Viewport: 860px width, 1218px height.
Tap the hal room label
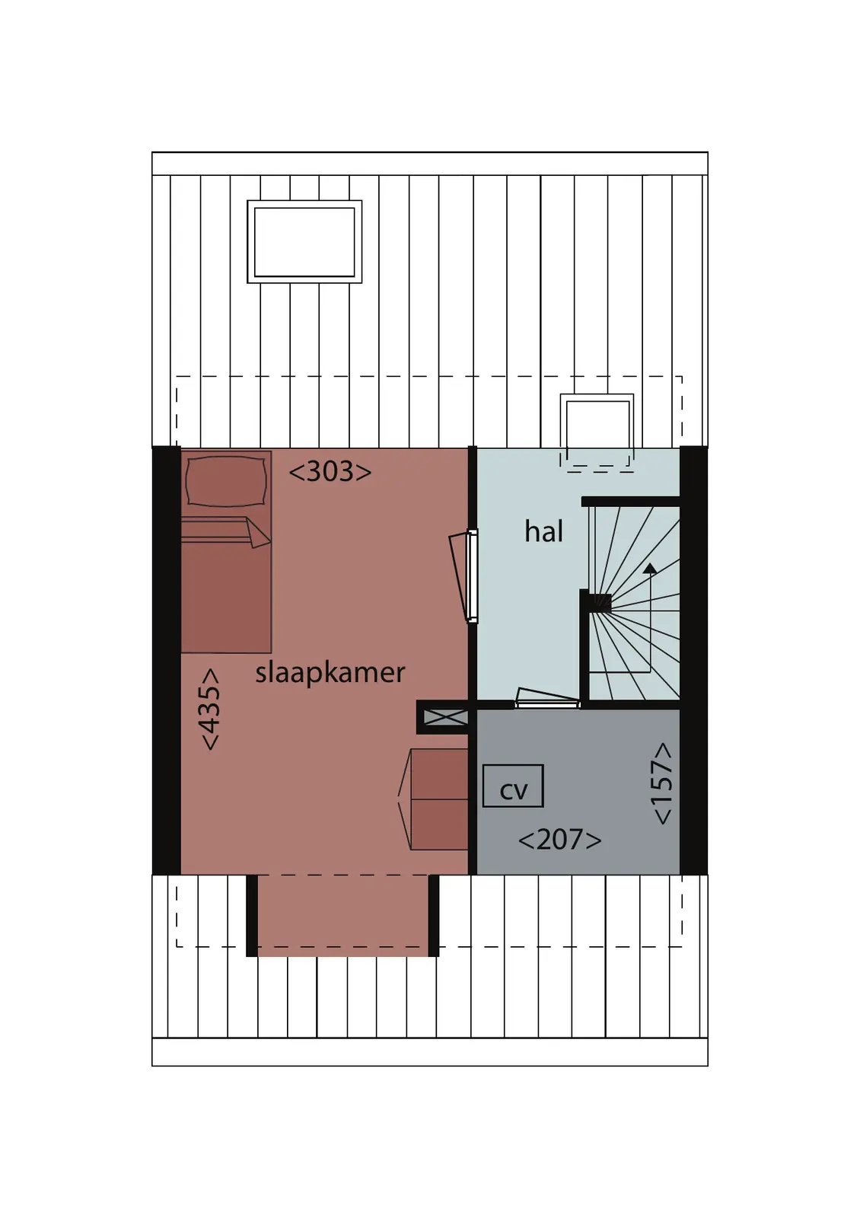543,531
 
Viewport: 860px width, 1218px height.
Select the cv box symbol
513,786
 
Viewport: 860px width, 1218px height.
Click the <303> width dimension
330,472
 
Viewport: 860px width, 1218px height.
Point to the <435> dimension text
211,709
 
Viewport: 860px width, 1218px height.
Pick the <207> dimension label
560,840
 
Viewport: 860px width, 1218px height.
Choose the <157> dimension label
663,783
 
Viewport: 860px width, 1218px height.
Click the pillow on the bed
227,481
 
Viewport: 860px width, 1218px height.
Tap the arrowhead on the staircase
649,569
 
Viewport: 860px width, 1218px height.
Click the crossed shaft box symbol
445,717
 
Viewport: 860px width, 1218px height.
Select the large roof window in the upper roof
304,241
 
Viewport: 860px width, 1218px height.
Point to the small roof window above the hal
597,429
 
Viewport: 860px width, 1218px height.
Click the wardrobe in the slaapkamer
433,799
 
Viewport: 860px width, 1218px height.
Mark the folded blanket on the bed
225,531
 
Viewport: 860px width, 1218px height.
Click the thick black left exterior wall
166,660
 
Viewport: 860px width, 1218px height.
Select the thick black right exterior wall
693,660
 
